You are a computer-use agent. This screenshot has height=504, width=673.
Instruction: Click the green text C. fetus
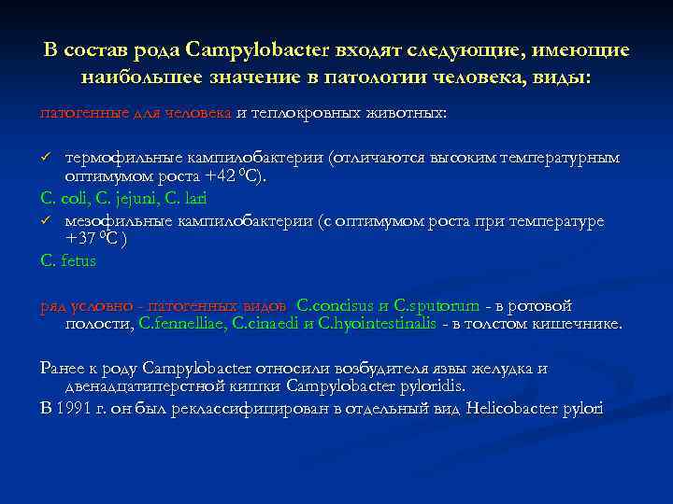[x=68, y=260]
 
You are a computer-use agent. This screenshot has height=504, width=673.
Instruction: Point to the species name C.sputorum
[x=437, y=305]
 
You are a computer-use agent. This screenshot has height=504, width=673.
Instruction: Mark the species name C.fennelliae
[x=181, y=323]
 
